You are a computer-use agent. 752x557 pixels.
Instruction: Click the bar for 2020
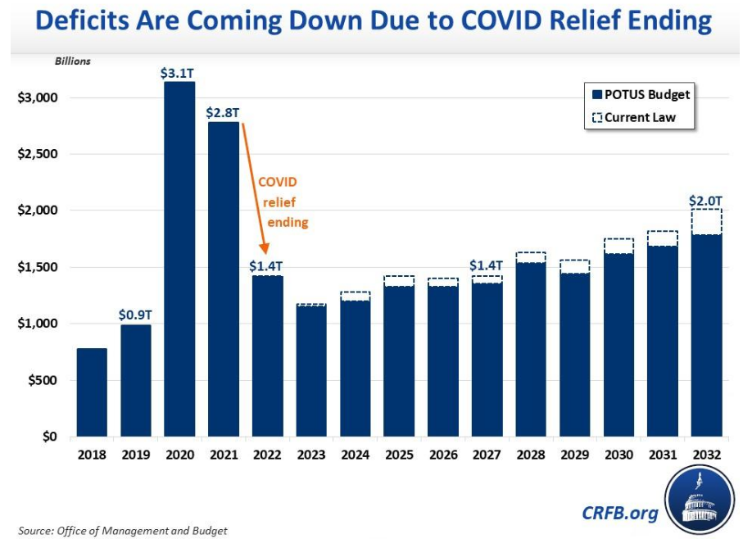coord(179,259)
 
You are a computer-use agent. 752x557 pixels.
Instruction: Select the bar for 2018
coord(92,392)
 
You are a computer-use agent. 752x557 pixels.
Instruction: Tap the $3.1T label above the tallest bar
coord(178,73)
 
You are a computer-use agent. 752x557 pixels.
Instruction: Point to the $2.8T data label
coord(223,112)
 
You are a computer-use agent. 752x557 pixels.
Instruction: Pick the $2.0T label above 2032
coord(706,200)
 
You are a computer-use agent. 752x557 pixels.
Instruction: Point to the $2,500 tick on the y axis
coord(37,154)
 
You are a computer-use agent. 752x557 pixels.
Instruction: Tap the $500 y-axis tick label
coord(43,380)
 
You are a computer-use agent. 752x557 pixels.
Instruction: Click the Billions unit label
coord(73,61)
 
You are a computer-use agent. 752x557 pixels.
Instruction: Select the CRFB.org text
coord(620,513)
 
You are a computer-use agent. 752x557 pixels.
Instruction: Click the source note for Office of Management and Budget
coord(123,530)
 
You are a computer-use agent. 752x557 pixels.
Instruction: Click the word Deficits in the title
coord(91,20)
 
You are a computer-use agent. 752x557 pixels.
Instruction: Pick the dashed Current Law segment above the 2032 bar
coord(706,221)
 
